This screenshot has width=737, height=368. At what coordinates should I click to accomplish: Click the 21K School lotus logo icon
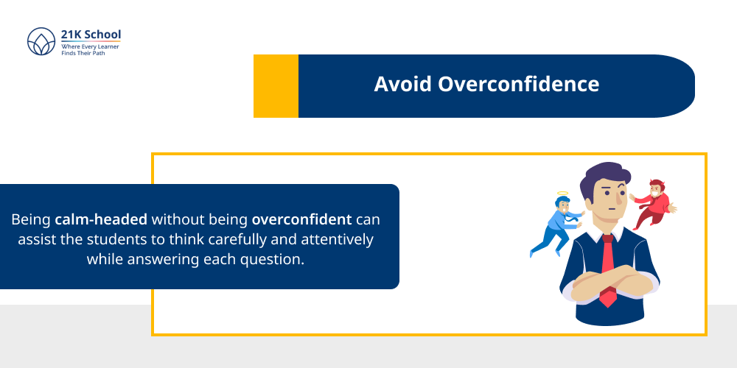[x=41, y=43]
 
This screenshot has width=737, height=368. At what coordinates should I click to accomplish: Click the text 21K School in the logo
[x=91, y=35]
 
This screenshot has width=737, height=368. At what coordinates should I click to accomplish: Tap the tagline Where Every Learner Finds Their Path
[x=90, y=49]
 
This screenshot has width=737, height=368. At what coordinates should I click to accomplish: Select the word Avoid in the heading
[x=403, y=84]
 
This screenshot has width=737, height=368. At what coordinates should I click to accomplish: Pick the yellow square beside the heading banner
[x=276, y=86]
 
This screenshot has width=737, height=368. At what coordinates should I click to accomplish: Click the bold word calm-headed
[x=101, y=219]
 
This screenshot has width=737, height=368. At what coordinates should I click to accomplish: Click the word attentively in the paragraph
[x=338, y=239]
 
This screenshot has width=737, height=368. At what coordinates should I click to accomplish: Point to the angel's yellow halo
[x=562, y=195]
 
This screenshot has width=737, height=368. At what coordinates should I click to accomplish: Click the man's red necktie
[x=607, y=258]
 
